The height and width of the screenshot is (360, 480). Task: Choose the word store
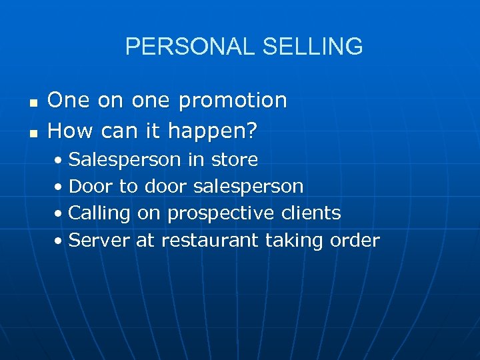click(x=234, y=160)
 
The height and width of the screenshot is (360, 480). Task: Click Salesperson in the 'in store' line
click(x=125, y=160)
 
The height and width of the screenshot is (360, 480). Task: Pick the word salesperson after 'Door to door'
click(x=248, y=187)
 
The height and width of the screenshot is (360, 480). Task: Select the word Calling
click(x=99, y=214)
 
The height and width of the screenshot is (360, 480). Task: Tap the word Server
click(x=99, y=240)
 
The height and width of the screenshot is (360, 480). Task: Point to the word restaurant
click(x=209, y=240)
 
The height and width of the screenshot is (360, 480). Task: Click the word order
click(x=355, y=240)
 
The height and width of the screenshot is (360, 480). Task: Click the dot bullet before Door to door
click(x=60, y=187)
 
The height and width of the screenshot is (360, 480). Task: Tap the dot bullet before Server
click(x=60, y=241)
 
